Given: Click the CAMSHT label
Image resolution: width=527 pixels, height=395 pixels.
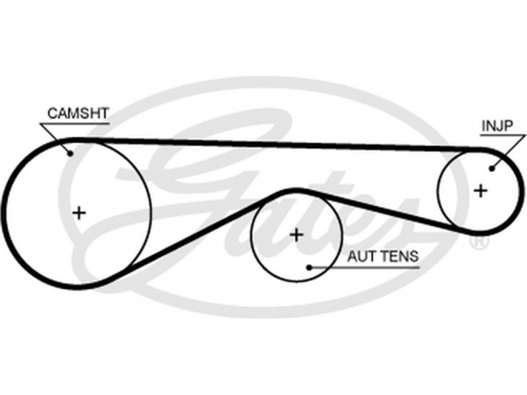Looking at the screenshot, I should pos(78,113).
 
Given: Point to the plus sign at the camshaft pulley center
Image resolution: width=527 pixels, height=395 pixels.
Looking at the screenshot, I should pos(79,213).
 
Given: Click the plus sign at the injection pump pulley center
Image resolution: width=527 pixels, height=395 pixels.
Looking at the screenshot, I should pos(480,191).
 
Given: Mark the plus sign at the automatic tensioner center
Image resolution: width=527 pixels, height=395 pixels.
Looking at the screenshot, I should pos(296,234).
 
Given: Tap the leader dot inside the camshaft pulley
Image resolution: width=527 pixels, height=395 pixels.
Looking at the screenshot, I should pos(70,154).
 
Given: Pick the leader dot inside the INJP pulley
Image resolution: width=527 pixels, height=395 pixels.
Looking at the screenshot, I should pos(491,169).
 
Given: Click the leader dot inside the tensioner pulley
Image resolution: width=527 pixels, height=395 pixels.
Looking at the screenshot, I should pos(309,267).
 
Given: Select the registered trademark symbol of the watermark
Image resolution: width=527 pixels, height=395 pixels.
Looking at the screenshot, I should pos(479,243).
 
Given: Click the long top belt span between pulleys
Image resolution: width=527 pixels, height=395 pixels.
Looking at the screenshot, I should pos(277,144).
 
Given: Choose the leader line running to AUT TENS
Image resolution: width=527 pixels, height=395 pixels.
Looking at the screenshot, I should pos(329,267).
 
